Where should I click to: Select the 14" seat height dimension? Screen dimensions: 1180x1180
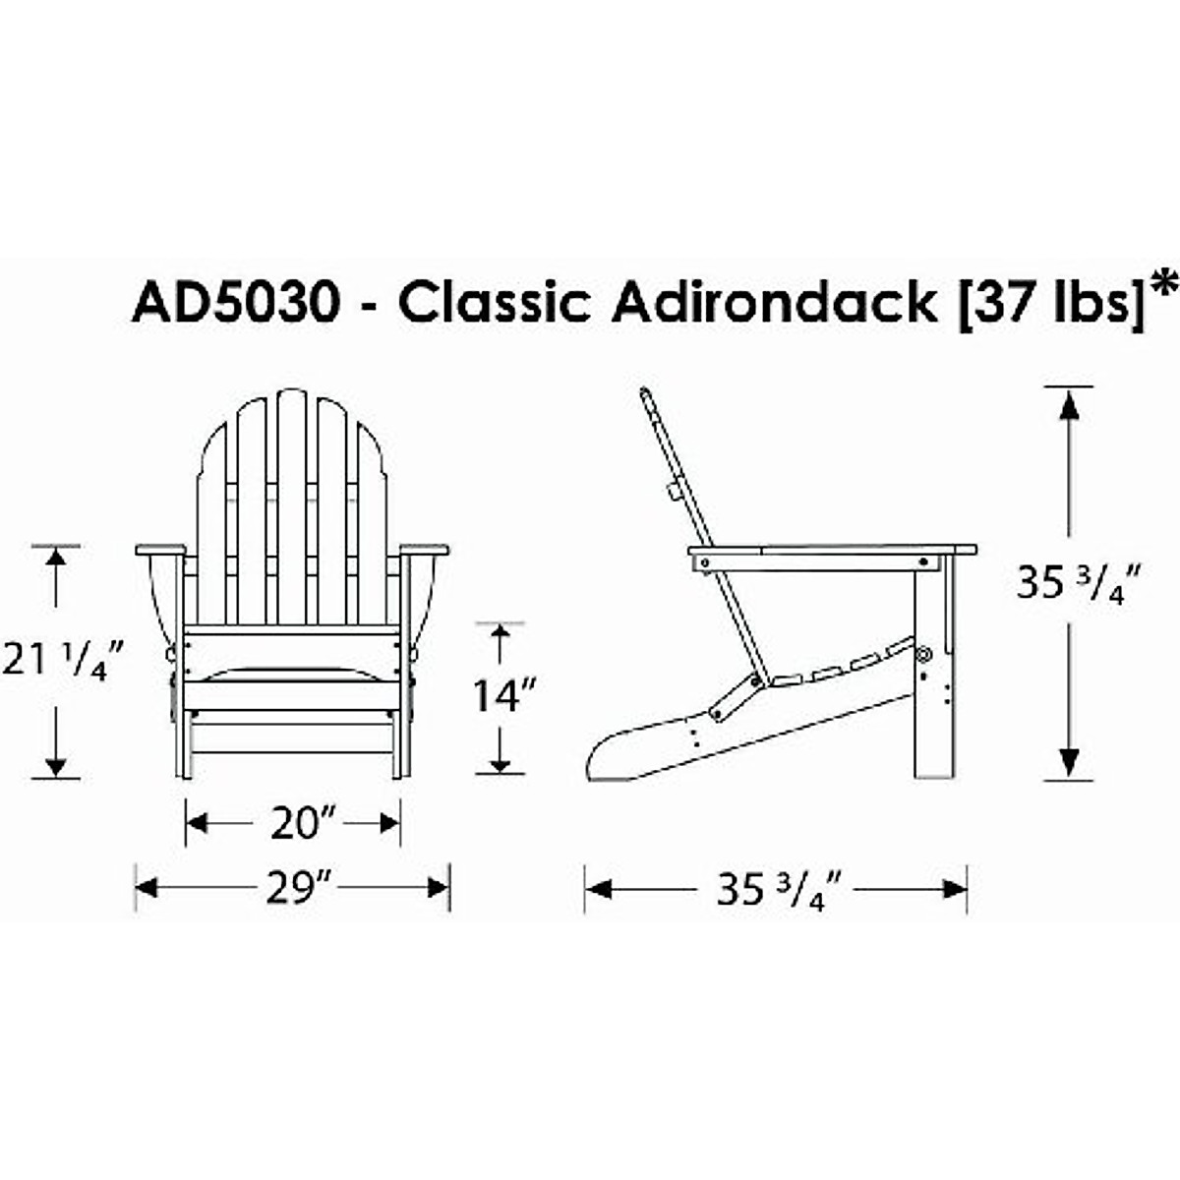(503, 696)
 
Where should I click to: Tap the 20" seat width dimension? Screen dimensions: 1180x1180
(292, 823)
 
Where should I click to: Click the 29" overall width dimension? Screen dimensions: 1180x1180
(292, 888)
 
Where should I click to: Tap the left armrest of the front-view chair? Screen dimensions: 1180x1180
(160, 550)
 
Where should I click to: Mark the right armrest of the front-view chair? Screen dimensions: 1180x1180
(424, 550)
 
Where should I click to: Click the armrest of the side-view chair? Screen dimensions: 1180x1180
(831, 550)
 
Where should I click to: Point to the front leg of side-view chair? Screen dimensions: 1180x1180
(933, 688)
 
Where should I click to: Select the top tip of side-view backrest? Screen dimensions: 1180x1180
(645, 393)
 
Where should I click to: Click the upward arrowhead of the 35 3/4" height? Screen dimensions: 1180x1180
(1069, 403)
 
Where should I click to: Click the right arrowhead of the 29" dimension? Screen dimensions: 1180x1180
(439, 888)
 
